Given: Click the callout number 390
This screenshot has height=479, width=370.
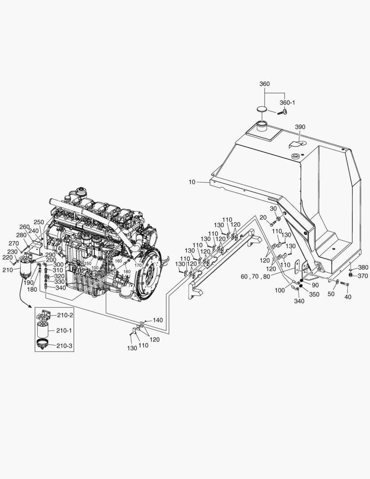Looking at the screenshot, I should [x=300, y=127].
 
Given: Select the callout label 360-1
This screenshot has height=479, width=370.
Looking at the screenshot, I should [x=287, y=102].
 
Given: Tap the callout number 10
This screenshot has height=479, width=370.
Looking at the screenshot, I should [x=191, y=181].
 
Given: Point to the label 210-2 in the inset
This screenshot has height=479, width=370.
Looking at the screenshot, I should [x=65, y=315].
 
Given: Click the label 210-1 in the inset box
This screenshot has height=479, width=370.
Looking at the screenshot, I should [x=65, y=330].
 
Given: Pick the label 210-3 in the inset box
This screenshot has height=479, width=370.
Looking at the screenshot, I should [x=65, y=346].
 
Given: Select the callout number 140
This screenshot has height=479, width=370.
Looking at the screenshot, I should [x=158, y=320].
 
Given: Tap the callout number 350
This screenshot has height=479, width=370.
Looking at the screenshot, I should [x=314, y=294].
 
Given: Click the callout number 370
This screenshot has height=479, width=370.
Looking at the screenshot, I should [x=363, y=275].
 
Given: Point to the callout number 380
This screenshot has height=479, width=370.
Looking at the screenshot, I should [x=363, y=267].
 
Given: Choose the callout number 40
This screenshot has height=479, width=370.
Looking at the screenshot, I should [x=347, y=297].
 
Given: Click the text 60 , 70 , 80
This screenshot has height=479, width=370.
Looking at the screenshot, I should [x=256, y=276].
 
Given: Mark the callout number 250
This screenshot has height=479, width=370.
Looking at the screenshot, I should [x=39, y=222].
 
